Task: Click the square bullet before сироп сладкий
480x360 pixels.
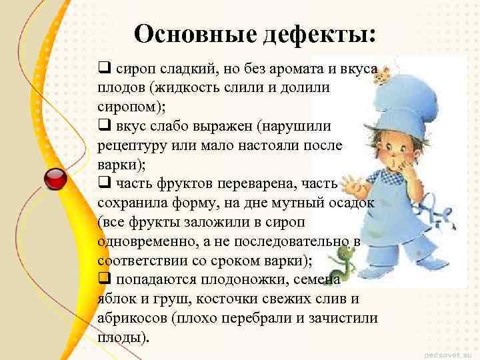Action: [x=105, y=68]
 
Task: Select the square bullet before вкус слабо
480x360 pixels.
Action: [x=105, y=126]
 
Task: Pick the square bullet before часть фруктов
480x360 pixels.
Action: [x=105, y=183]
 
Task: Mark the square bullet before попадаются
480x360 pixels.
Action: [x=105, y=279]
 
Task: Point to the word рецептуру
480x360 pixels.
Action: [x=130, y=145]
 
